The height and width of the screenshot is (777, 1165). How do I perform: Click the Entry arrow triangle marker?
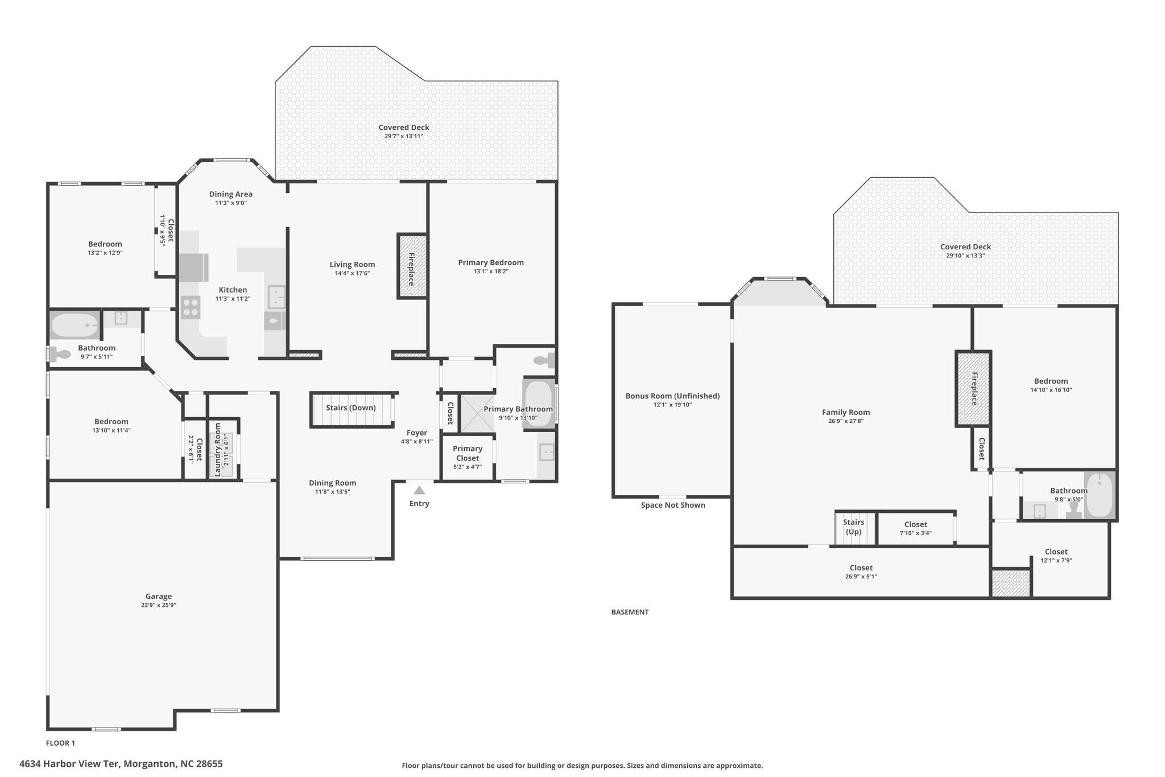click(419, 490)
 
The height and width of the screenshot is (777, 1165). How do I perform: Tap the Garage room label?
click(158, 597)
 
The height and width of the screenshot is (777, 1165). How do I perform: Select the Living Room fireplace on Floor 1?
click(412, 266)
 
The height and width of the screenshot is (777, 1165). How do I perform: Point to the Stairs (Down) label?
click(350, 408)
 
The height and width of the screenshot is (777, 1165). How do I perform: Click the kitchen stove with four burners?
click(191, 307)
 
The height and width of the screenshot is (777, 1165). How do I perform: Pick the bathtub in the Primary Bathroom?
click(539, 404)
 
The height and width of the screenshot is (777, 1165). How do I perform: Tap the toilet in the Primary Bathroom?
click(544, 360)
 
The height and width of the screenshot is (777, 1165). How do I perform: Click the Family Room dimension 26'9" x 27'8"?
click(846, 421)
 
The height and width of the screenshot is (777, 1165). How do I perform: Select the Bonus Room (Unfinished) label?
click(672, 396)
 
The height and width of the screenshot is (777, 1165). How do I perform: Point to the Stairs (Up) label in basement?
click(853, 527)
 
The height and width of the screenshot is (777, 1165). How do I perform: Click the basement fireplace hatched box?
click(973, 389)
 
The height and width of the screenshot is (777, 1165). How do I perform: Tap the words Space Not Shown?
click(673, 505)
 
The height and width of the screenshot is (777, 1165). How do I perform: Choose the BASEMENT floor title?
click(630, 612)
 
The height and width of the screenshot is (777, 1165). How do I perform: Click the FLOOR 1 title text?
click(60, 743)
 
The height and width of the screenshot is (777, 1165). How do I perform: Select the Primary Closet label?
click(468, 453)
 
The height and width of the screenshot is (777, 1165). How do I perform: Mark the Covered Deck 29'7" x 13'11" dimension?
click(404, 137)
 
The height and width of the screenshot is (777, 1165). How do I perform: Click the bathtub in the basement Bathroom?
click(1100, 495)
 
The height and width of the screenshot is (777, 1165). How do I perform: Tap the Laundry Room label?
click(217, 449)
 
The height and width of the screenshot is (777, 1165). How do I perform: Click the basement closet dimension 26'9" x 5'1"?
click(861, 577)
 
